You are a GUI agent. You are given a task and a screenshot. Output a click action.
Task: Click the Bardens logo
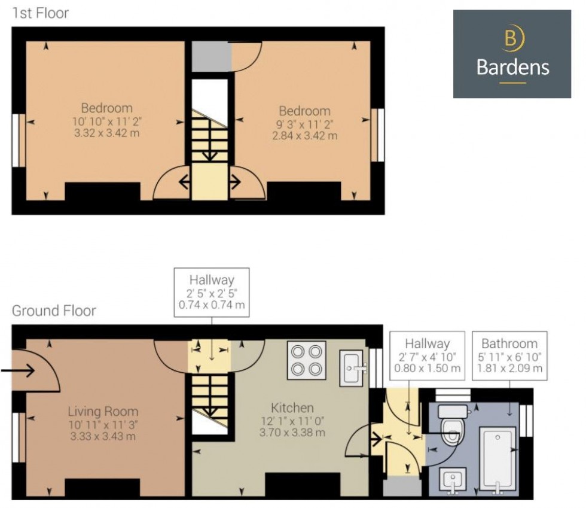point(512,54)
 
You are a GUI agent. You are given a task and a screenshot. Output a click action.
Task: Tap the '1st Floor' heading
point(41,13)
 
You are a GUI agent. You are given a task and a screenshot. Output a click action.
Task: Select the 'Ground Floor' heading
point(54,311)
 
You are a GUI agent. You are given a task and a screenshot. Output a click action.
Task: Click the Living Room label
point(103,412)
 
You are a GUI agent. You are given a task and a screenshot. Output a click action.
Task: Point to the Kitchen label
point(292,407)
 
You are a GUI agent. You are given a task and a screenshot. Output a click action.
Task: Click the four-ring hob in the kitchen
point(306,360)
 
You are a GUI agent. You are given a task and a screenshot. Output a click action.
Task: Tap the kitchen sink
point(352,368)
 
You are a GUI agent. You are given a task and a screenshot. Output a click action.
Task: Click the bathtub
point(498,458)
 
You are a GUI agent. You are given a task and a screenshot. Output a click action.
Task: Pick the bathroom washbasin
point(453,480)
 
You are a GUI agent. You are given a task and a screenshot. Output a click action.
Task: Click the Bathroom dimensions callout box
point(509,356)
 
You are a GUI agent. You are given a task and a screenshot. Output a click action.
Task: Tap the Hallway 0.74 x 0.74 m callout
point(212,292)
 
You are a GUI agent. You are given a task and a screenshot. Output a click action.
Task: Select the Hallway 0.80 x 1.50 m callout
point(427,356)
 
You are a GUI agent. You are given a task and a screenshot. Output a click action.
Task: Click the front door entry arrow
point(18,371)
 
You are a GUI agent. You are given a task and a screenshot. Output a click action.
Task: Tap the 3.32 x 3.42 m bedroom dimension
point(106,133)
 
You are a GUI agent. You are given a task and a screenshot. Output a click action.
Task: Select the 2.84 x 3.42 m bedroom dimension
point(304,136)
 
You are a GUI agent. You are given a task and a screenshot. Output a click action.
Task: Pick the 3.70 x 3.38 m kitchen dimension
point(292,433)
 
